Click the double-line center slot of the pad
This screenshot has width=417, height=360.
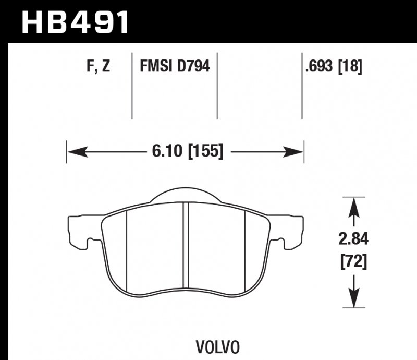tap(186, 245)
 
